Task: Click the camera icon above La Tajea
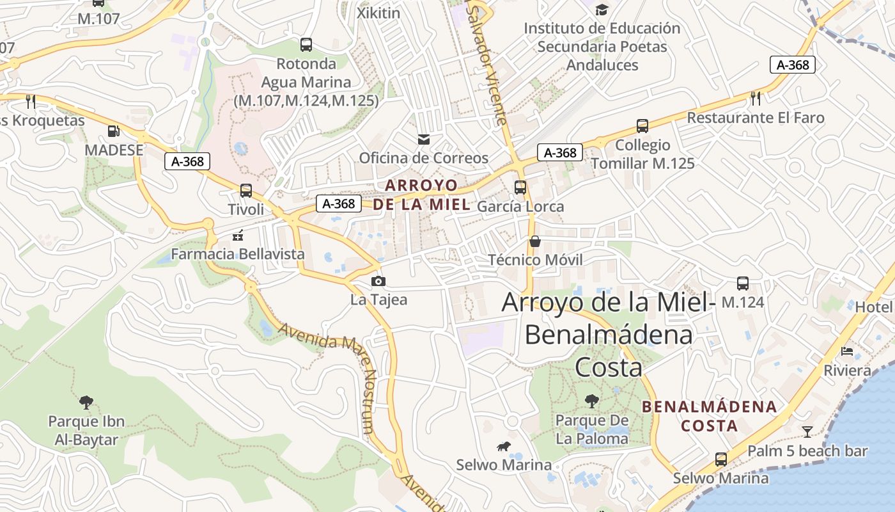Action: pos(378,281)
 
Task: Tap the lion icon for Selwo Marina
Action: pos(504,446)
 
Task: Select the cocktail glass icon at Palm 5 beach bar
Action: pos(807,432)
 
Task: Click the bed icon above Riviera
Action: pos(847,351)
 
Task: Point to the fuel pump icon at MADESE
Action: pos(114,131)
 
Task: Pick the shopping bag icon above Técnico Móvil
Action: pos(535,241)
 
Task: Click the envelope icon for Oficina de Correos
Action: pos(423,140)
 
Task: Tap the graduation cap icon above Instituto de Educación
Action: pos(602,10)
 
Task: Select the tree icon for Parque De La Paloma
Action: pos(592,401)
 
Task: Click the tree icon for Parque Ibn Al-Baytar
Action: pos(86,403)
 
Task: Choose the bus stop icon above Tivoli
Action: pos(246,191)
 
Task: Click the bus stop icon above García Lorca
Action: pos(520,188)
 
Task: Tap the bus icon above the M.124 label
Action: pos(743,284)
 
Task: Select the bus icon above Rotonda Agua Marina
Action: pos(306,45)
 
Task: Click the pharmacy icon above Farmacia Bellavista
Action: pos(238,236)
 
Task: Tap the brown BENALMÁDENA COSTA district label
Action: pos(709,416)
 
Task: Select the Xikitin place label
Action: pos(378,13)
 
